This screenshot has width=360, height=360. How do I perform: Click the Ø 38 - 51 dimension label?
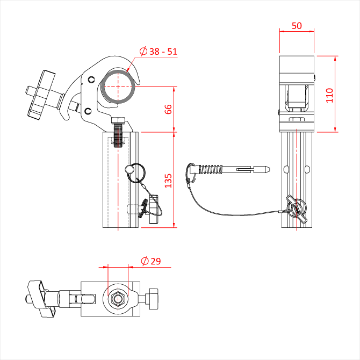pos(158,52)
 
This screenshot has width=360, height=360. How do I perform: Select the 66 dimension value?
pos(168,109)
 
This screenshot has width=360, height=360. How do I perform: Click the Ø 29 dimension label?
pos(150,261)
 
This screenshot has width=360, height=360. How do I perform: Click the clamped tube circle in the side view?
pos(118,86)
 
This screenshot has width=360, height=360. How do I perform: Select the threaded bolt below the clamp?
pos(119,133)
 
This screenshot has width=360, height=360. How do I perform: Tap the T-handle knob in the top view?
pos(40,298)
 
